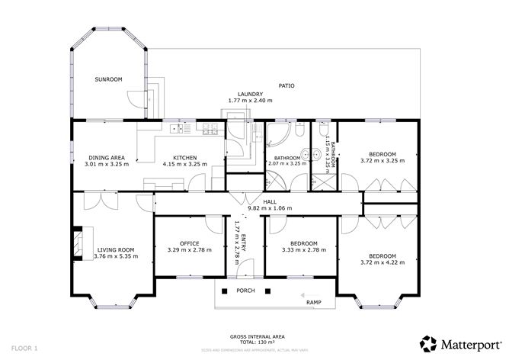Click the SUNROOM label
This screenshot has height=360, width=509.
(x=108, y=79)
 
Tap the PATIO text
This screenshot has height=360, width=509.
(x=286, y=85)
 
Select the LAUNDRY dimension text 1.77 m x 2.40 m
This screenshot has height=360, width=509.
(x=250, y=101)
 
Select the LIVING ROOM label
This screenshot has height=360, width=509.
(x=115, y=249)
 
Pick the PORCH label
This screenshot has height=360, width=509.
(x=245, y=290)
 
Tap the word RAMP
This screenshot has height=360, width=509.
(x=312, y=303)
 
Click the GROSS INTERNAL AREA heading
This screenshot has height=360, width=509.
(x=254, y=336)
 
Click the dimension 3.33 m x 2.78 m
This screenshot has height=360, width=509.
(x=299, y=249)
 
